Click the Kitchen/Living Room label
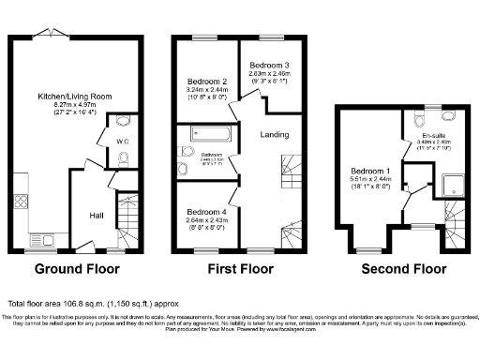point(75,97)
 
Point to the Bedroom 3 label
point(262,64)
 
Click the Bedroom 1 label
point(371,171)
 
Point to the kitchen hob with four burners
point(21,202)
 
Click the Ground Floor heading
point(77,269)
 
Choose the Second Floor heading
point(403,269)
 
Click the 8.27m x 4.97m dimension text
point(74,106)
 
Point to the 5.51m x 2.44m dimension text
point(371,180)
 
